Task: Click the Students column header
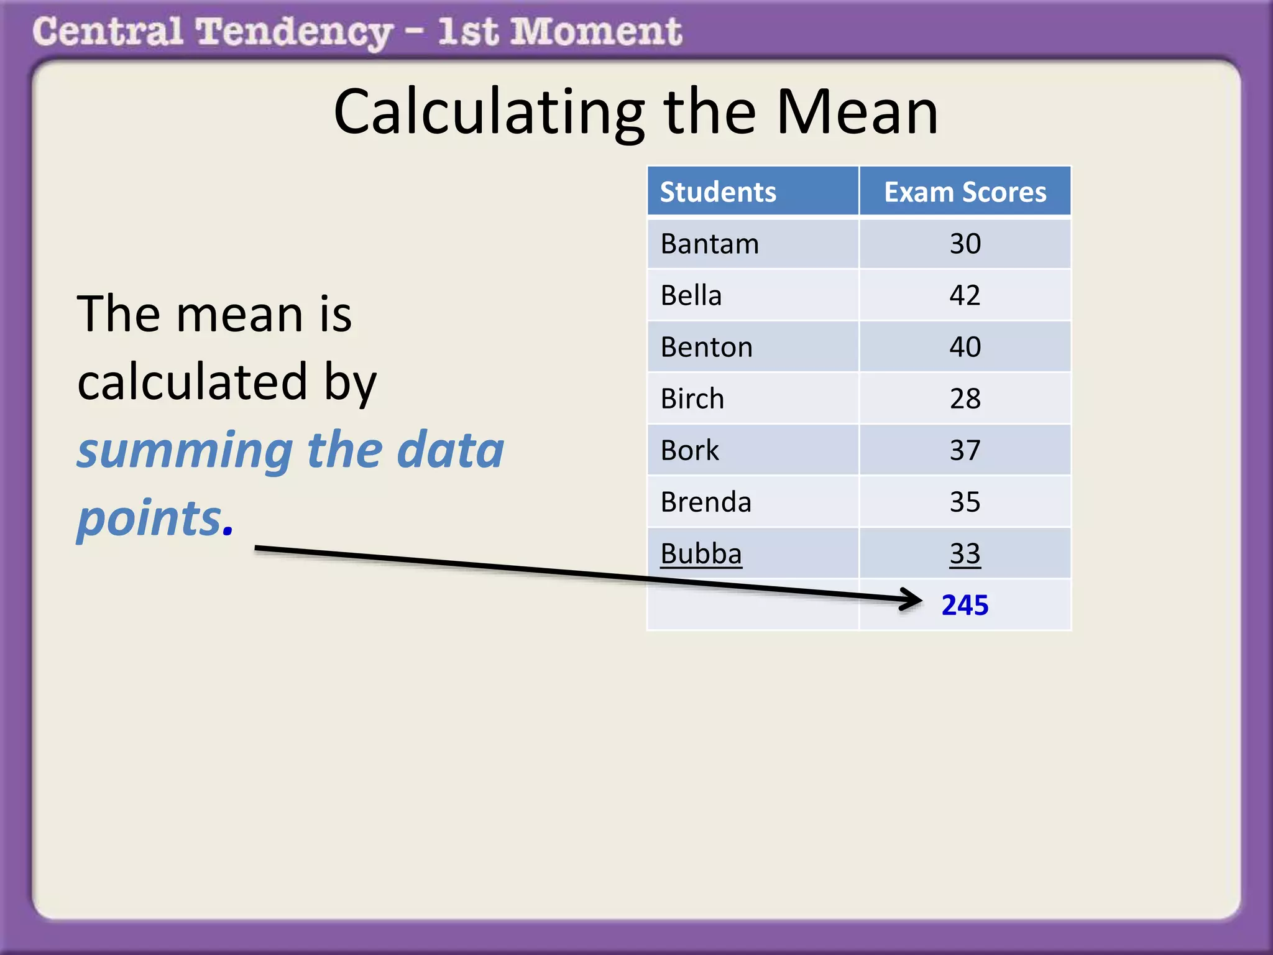[x=718, y=192]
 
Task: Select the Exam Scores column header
[x=965, y=192]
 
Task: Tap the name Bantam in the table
[x=709, y=244]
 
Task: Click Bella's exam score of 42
[x=965, y=295]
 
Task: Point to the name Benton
[x=706, y=347]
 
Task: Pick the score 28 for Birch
[x=965, y=399]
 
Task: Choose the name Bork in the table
[x=689, y=450]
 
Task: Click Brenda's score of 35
[x=965, y=502]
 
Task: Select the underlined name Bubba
[x=701, y=553]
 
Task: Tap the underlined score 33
[x=965, y=553]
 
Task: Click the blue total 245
[x=965, y=605]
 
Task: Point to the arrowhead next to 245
[x=912, y=600]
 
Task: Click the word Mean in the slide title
[x=857, y=112]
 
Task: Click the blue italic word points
[x=149, y=518]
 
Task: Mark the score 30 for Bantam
[x=965, y=244]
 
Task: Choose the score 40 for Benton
[x=965, y=347]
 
